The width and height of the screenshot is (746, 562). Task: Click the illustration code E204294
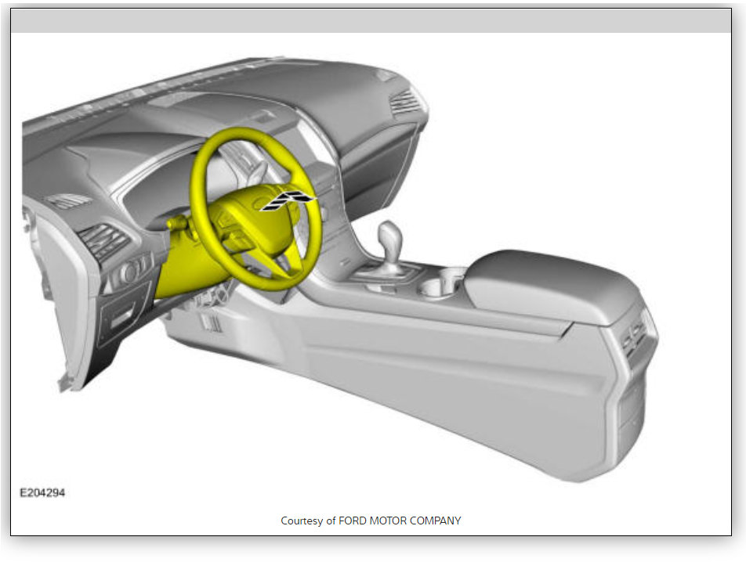42,492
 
